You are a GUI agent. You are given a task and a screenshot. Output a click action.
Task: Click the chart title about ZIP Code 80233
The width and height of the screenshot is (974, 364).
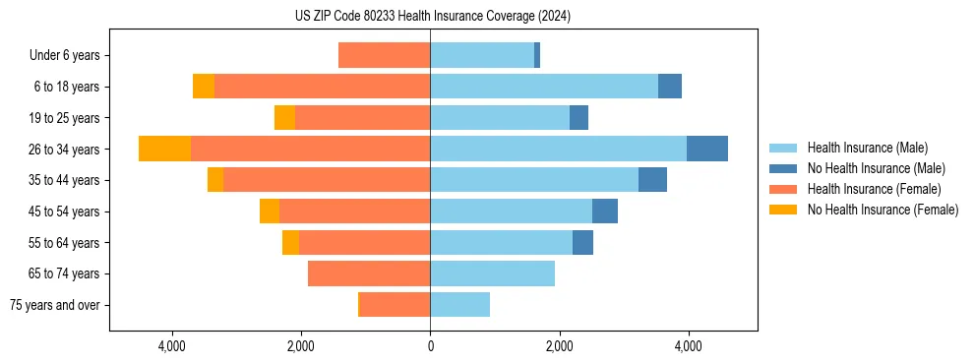tap(432, 16)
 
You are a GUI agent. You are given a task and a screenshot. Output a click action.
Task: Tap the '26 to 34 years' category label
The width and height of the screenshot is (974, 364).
tap(65, 149)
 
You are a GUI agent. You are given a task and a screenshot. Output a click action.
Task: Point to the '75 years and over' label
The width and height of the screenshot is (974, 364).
tap(54, 305)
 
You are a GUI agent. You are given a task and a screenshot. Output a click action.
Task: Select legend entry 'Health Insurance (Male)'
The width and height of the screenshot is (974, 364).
tap(867, 148)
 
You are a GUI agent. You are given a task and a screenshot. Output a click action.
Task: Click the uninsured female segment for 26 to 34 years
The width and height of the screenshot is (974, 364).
tap(164, 149)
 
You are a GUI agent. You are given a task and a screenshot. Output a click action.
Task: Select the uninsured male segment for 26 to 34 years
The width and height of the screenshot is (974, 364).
tap(706, 149)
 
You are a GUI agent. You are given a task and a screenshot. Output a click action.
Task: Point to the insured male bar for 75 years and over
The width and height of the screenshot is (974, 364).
tap(459, 305)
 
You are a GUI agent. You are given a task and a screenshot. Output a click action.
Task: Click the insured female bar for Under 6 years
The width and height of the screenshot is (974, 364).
tap(384, 55)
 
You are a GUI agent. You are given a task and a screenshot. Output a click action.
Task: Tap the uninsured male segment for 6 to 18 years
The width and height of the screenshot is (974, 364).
tap(670, 87)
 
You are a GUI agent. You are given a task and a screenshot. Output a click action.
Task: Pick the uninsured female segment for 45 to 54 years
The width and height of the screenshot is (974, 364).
tap(270, 212)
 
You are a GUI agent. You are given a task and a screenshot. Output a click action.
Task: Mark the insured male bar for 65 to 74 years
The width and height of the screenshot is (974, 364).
tap(492, 273)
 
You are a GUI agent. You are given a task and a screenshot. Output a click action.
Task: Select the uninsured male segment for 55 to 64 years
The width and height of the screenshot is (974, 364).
tap(582, 242)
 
